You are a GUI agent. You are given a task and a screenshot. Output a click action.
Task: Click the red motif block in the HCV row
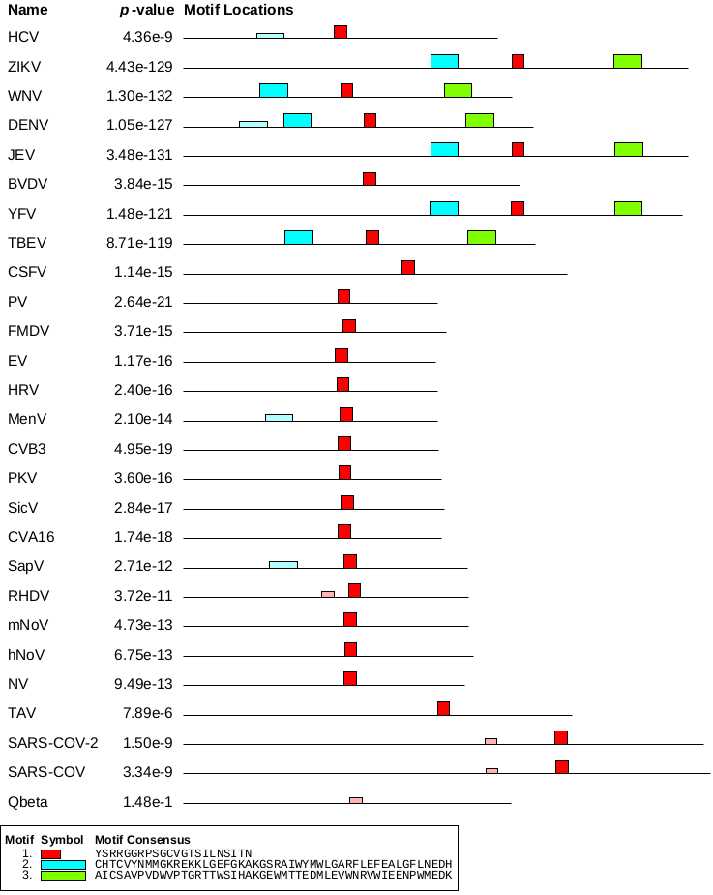341,32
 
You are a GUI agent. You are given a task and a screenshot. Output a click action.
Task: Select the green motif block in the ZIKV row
628,61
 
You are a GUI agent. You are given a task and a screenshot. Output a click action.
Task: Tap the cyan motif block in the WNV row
274,90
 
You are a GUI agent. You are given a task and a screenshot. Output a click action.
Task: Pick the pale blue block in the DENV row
253,123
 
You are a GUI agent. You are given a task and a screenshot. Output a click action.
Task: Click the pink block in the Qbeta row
356,800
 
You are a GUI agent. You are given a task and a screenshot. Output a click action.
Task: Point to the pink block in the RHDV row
328,593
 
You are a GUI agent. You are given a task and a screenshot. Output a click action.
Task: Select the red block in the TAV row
443,708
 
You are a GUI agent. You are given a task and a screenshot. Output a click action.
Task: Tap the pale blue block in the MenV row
279,417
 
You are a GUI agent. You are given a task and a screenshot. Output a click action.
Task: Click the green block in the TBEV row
482,237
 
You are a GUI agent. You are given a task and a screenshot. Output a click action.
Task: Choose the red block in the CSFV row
408,267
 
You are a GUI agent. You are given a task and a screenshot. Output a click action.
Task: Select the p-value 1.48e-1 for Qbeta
149,802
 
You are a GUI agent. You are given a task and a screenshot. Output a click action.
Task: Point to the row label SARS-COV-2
52,743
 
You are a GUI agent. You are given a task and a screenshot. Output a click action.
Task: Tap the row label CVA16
29,537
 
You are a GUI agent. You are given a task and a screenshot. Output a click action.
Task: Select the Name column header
27,10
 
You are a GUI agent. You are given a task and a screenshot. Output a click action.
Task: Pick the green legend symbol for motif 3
64,876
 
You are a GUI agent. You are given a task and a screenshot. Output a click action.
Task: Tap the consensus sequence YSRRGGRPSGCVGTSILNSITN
173,853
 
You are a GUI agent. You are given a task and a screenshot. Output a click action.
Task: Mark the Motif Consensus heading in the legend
142,839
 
